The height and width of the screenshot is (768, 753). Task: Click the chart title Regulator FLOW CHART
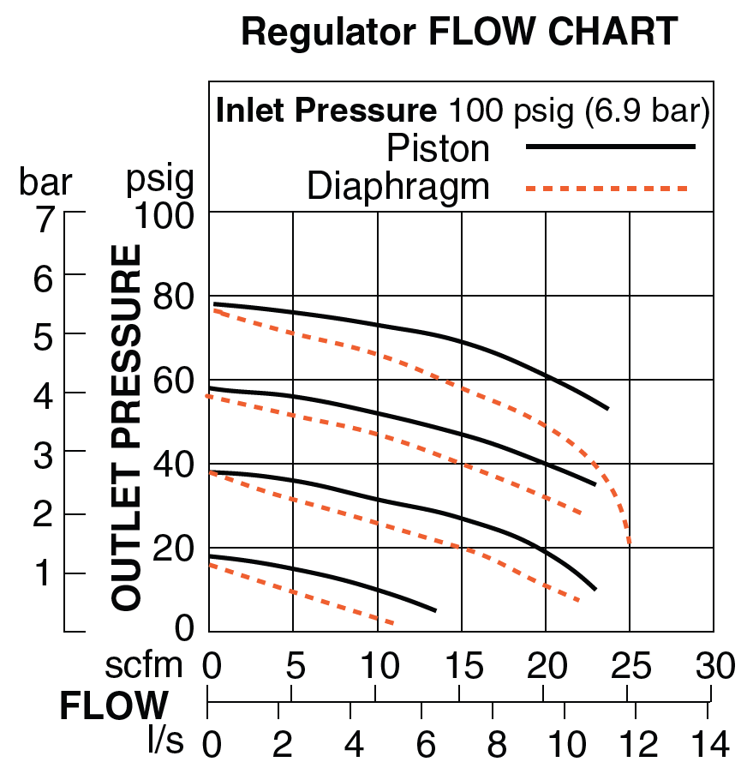(x=459, y=33)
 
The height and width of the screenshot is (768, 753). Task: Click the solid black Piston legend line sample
(x=611, y=147)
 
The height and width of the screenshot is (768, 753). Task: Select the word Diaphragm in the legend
(x=398, y=187)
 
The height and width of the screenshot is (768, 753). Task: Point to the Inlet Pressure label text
(x=326, y=111)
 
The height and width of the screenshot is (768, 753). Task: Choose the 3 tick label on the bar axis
(x=43, y=455)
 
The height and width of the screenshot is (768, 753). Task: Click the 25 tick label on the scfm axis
(x=630, y=665)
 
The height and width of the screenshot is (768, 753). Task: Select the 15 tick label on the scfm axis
(x=462, y=665)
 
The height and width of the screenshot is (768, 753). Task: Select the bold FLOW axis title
(x=114, y=706)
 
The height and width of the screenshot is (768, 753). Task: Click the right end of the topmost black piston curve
(x=607, y=409)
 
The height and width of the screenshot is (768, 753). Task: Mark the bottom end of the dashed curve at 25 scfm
(x=630, y=543)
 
